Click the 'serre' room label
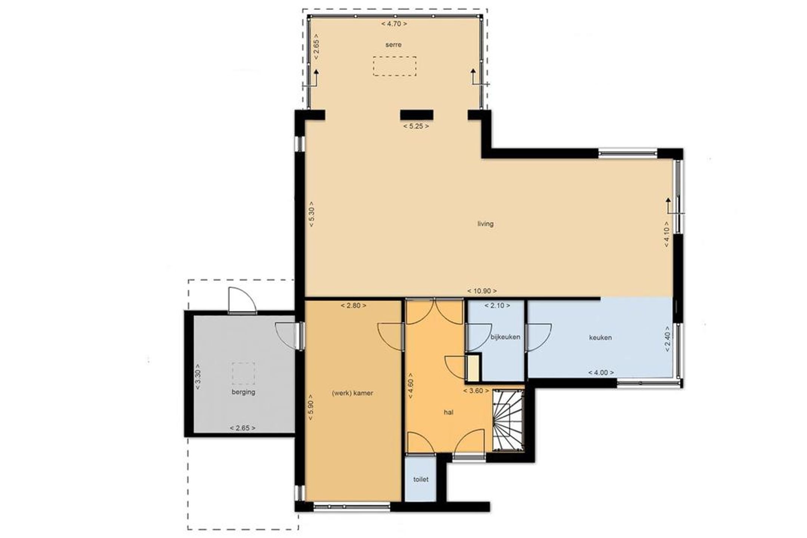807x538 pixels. pyautogui.click(x=393, y=45)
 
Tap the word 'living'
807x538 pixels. pyautogui.click(x=485, y=224)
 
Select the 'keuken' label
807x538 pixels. pyautogui.click(x=600, y=338)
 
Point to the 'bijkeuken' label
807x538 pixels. pyautogui.click(x=505, y=337)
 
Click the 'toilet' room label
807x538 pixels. pyautogui.click(x=421, y=479)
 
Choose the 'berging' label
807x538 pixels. pyautogui.click(x=243, y=392)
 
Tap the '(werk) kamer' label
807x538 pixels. pyautogui.click(x=352, y=393)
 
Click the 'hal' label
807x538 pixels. pyautogui.click(x=448, y=413)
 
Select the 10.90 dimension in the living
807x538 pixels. pyautogui.click(x=482, y=291)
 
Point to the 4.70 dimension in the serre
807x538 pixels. pyautogui.click(x=394, y=24)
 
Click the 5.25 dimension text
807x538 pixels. pyautogui.click(x=416, y=126)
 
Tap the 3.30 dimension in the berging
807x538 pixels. pyautogui.click(x=198, y=377)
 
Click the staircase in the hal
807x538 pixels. pyautogui.click(x=508, y=420)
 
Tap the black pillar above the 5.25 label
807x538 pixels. pyautogui.click(x=417, y=115)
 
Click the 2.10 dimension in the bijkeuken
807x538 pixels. pyautogui.click(x=497, y=305)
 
